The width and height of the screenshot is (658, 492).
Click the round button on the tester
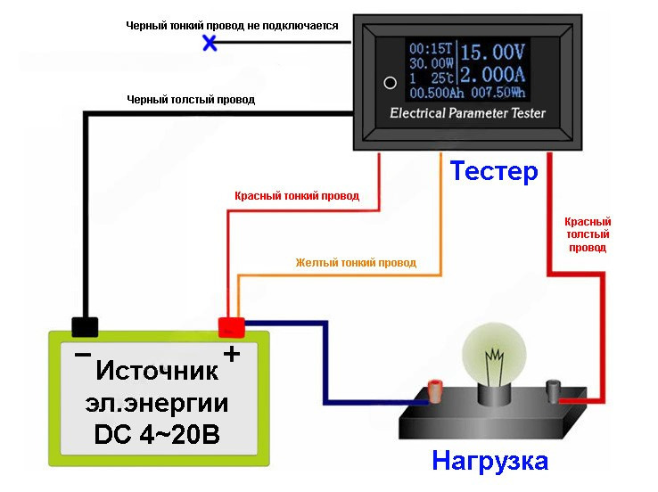click(x=389, y=83)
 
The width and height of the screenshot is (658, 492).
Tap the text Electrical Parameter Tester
click(x=467, y=114)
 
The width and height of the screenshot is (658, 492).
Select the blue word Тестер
click(x=494, y=170)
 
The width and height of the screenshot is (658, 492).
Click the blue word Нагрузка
click(x=489, y=462)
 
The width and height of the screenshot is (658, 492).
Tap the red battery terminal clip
click(x=233, y=325)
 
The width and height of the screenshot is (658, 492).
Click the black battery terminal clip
click(x=85, y=326)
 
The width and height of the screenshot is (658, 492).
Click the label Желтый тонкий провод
click(x=356, y=263)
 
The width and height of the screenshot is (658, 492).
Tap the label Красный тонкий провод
click(x=297, y=195)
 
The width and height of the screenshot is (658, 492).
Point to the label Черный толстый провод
click(x=191, y=100)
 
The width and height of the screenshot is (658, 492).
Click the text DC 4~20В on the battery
click(x=158, y=437)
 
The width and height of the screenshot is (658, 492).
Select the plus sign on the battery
click(x=231, y=355)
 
